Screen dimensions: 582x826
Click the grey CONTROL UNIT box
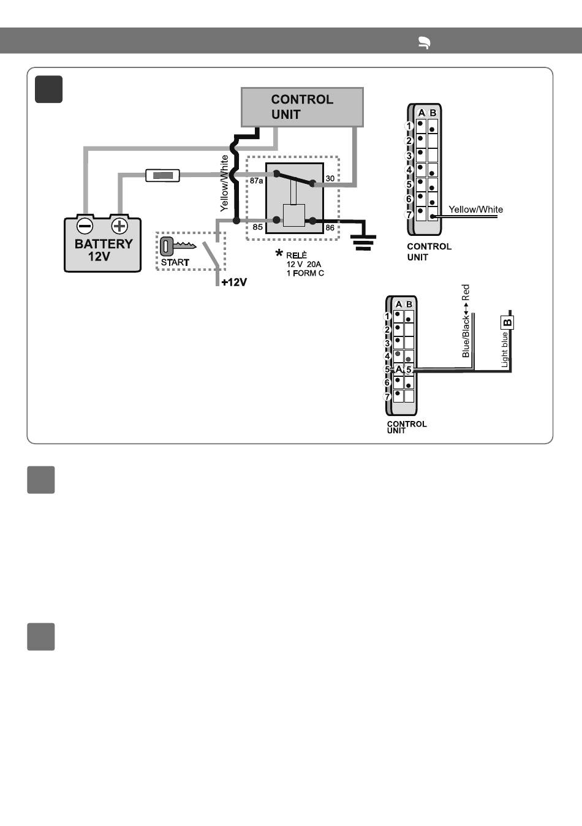[302, 107]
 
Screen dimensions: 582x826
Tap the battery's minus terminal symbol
[85, 225]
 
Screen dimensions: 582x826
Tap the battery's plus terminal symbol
[119, 225]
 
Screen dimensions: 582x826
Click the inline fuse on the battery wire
[162, 175]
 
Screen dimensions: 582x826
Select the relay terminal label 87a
[256, 181]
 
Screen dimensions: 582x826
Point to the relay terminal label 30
[330, 178]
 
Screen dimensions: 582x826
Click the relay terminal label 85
[258, 227]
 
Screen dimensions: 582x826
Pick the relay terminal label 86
[330, 228]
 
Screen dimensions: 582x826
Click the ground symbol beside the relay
[363, 242]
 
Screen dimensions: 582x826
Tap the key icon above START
[178, 246]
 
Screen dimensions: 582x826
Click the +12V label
[234, 282]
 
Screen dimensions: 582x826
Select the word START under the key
[175, 262]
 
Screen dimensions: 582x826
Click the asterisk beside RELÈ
[279, 253]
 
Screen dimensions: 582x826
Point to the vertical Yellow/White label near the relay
[224, 183]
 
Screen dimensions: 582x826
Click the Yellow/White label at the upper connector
[475, 210]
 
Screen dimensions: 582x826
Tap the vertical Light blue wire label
[505, 349]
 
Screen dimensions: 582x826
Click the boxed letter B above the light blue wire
[507, 323]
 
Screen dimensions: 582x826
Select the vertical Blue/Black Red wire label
[466, 321]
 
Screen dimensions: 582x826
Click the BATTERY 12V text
[103, 249]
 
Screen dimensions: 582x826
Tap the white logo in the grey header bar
[424, 43]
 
